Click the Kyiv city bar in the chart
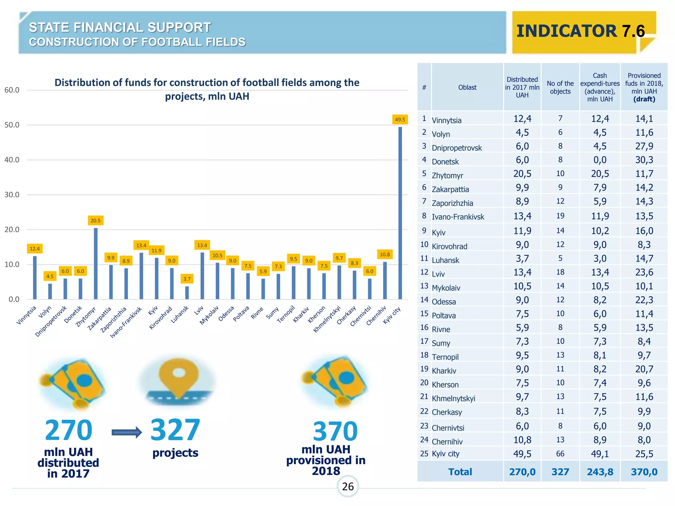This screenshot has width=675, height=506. click(400, 214)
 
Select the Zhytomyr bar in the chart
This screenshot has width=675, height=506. click(96, 264)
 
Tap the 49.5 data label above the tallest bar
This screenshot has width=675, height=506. click(400, 120)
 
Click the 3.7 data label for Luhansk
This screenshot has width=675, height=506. click(187, 279)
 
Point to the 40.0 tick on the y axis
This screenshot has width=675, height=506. click(12, 160)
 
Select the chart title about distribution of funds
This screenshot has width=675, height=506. click(207, 89)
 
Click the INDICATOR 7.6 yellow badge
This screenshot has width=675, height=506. click(580, 32)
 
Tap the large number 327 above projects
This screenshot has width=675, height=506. click(175, 430)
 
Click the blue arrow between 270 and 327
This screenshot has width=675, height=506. click(127, 432)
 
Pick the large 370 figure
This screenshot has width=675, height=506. click(335, 431)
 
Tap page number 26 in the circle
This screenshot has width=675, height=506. click(348, 487)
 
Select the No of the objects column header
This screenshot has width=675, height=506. click(560, 88)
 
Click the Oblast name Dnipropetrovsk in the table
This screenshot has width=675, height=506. click(457, 148)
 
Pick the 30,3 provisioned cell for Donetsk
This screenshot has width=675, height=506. click(644, 160)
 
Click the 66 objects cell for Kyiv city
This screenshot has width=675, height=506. click(560, 454)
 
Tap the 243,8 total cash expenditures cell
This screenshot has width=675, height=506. click(600, 472)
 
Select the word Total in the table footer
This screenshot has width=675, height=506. click(460, 472)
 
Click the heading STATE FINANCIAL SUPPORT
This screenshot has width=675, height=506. click(120, 28)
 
